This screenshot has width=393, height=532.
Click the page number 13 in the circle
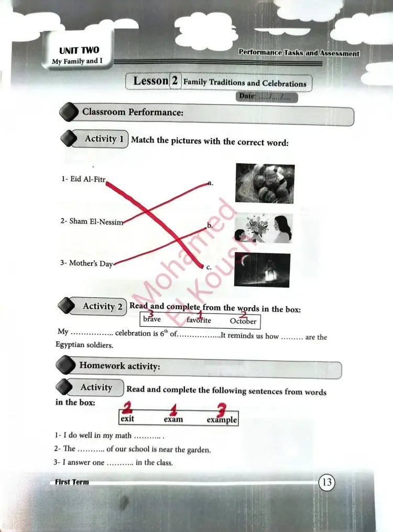point(327,482)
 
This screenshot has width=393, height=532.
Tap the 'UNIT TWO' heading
point(79,51)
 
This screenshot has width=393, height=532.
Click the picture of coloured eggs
point(265,183)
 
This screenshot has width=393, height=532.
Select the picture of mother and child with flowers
point(263,228)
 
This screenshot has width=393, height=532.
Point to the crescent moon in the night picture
point(244,260)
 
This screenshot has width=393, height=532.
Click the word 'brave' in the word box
point(152,319)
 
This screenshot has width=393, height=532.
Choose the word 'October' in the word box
point(243,321)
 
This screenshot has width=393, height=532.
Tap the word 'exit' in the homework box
point(127,418)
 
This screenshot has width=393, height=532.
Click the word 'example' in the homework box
point(222,420)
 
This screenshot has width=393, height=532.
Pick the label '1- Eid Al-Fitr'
point(83,179)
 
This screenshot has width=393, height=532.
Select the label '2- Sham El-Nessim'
point(92,221)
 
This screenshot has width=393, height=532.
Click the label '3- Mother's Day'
point(86,263)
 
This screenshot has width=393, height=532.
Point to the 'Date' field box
point(267,97)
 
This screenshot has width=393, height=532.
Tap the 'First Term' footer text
point(72,482)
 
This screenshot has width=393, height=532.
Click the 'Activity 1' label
point(104,139)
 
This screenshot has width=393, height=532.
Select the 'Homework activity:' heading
point(119,365)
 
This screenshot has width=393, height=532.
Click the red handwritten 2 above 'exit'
point(127,407)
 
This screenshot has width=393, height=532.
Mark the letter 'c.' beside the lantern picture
point(209,268)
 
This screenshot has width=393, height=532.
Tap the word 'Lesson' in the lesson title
point(151,81)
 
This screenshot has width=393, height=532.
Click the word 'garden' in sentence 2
point(200,450)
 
